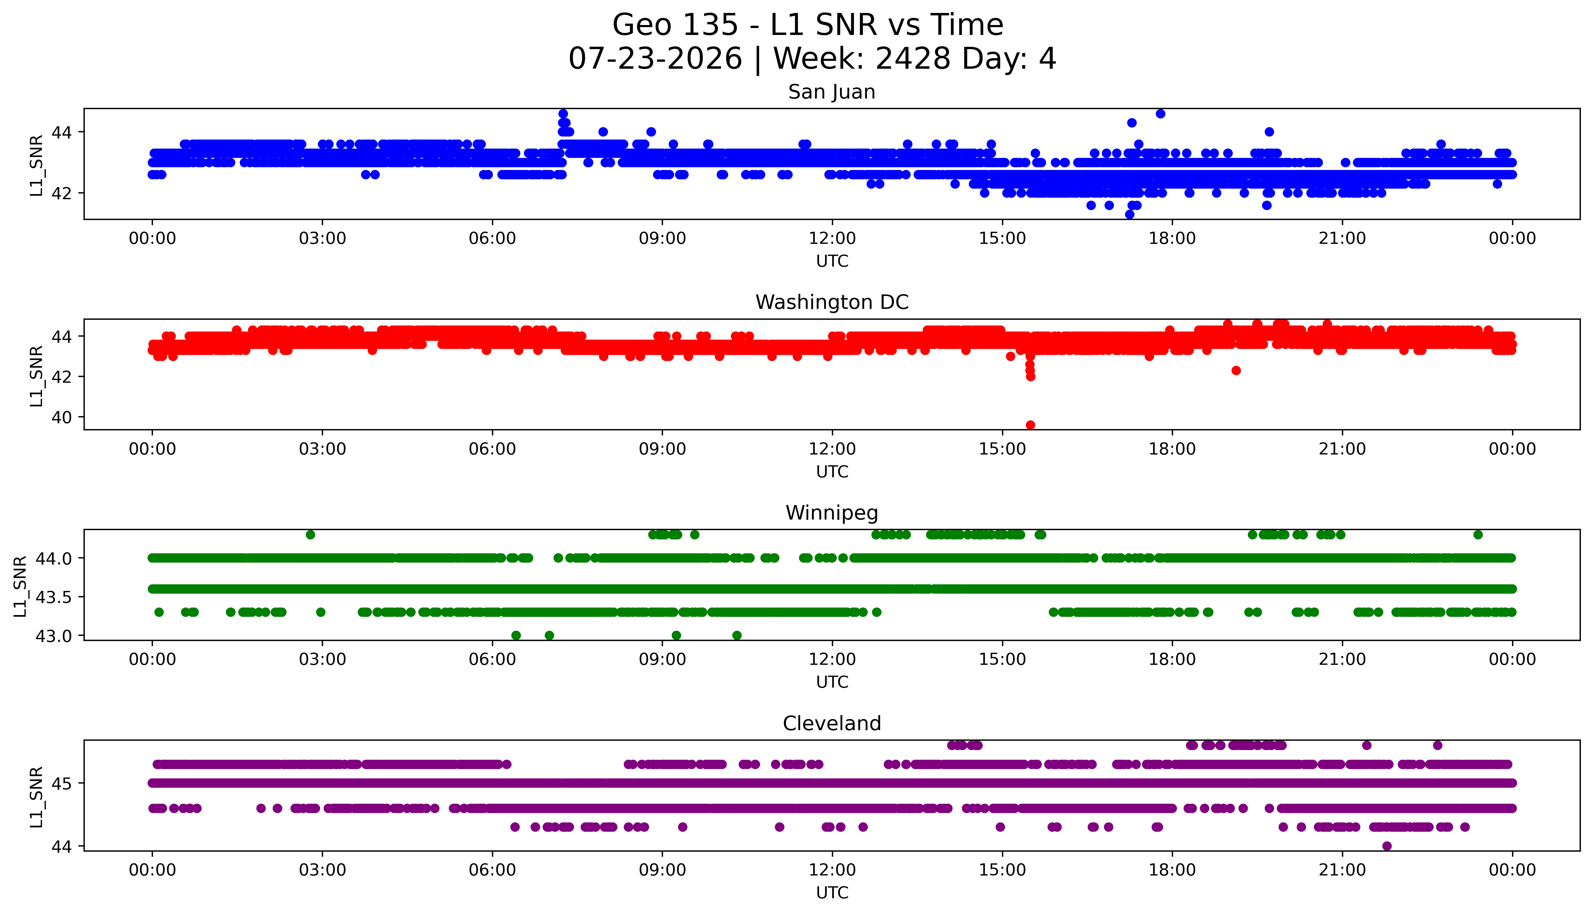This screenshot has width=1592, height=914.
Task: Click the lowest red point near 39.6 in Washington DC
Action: (1030, 425)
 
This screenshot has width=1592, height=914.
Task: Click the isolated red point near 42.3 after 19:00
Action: (1236, 370)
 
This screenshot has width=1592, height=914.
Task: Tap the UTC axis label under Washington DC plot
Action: (832, 471)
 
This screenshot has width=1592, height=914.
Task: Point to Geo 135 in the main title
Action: (675, 25)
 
